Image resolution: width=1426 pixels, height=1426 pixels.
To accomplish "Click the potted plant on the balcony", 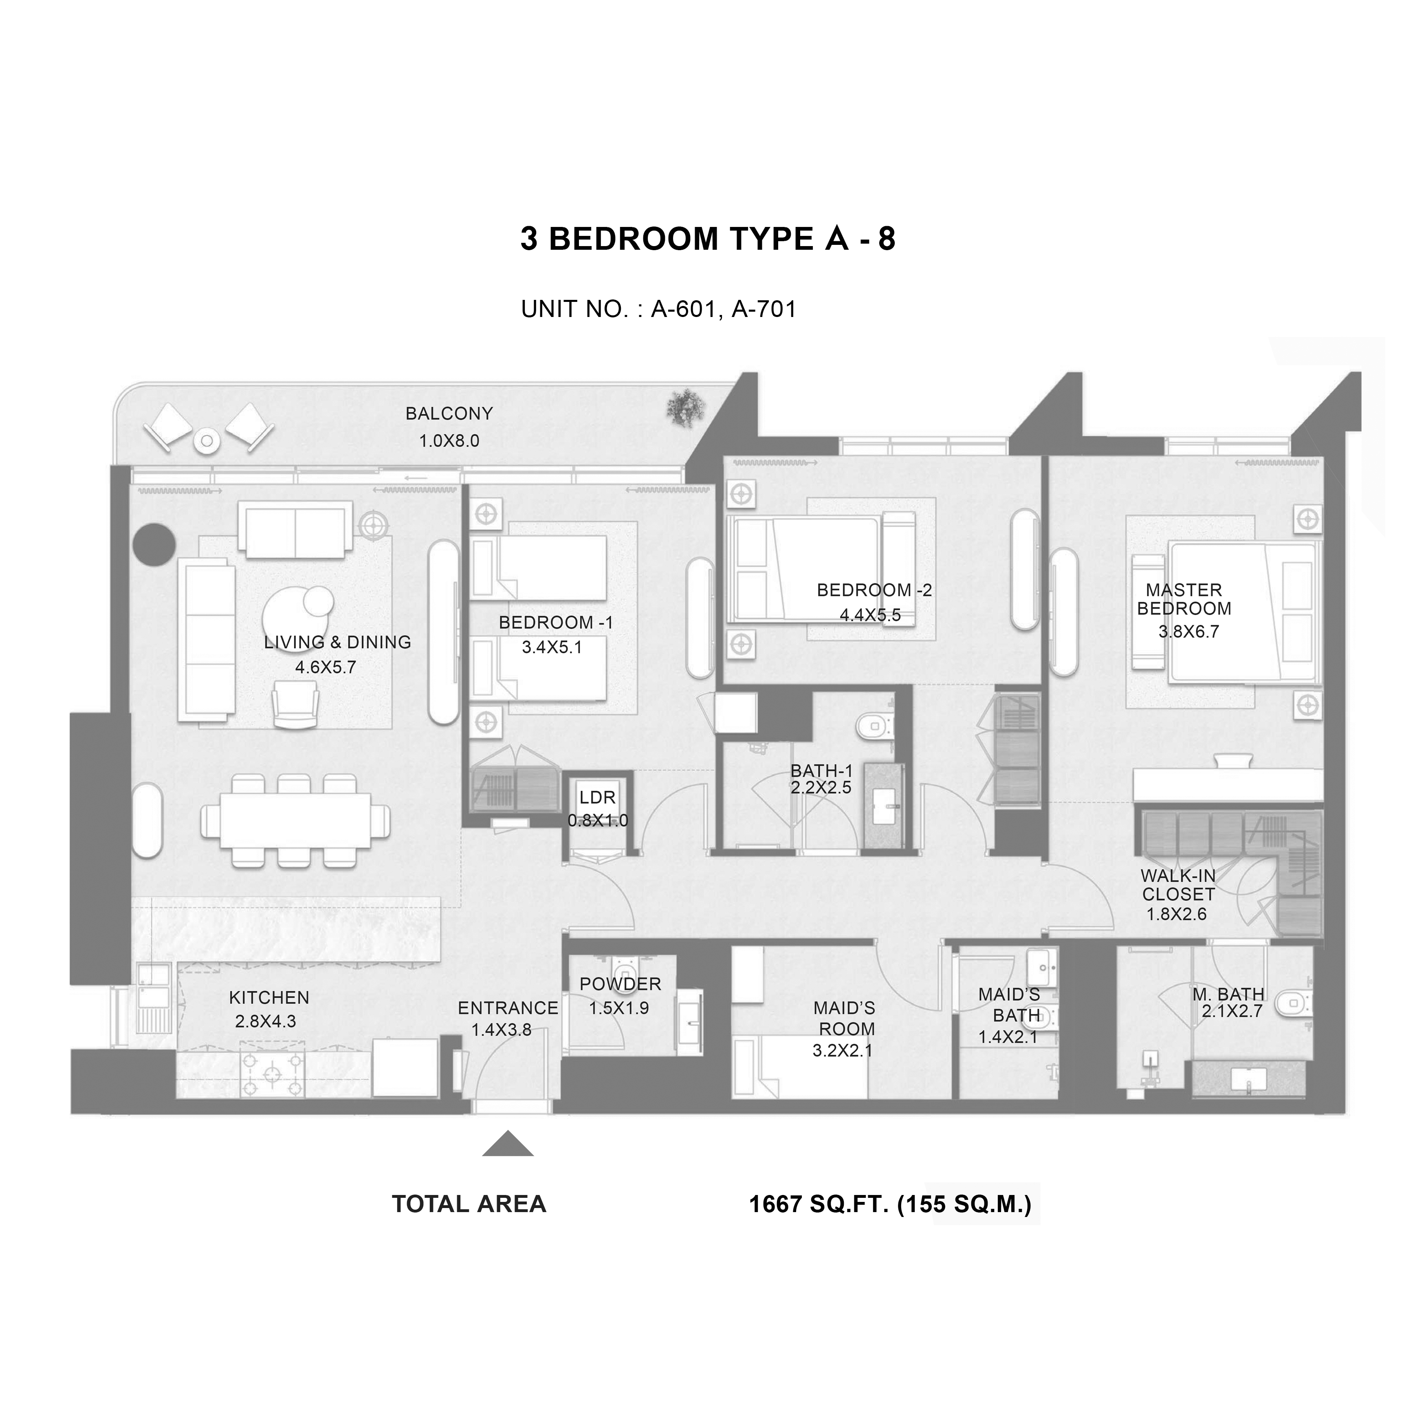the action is coord(686,407).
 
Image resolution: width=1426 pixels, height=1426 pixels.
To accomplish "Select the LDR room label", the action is coord(597,798).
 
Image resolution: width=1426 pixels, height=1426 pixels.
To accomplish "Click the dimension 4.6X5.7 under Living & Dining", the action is coord(326,667).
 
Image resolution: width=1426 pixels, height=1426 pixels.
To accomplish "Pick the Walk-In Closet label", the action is coord(1178,885).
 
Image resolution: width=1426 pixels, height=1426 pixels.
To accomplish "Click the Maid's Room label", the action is coord(845,1019).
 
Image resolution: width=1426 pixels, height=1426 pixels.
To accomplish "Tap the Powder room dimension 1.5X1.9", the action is coord(618,1008).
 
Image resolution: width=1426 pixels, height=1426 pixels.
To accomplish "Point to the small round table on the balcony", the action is coord(207,441).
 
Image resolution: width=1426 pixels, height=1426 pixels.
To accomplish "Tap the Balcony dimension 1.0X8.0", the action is coord(449,441).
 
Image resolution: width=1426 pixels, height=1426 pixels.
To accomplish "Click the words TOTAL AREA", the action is coord(469,1205).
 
